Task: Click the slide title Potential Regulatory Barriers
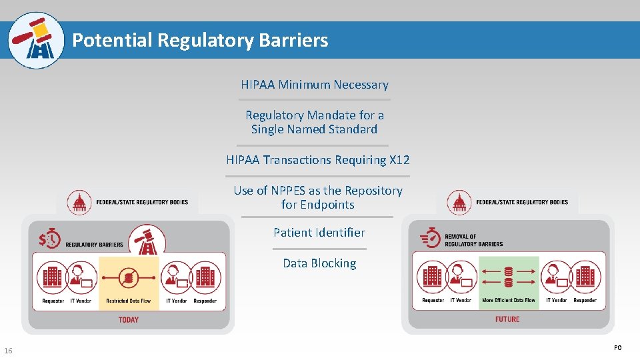click(x=200, y=41)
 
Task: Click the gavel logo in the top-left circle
click(x=37, y=41)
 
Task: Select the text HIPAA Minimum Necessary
click(x=314, y=85)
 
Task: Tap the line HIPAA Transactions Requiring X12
click(x=317, y=160)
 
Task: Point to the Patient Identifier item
click(x=319, y=233)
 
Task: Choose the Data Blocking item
click(x=319, y=263)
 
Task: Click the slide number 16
click(x=8, y=351)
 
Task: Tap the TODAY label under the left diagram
click(x=128, y=320)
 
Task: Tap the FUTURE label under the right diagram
click(x=507, y=319)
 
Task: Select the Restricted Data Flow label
click(x=128, y=301)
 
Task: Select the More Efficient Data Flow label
click(x=508, y=301)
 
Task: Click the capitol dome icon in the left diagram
click(x=81, y=201)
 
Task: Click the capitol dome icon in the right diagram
click(x=459, y=201)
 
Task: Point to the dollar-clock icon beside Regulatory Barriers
click(x=49, y=239)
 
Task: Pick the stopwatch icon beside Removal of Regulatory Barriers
click(x=431, y=238)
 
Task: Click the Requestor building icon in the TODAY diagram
click(x=53, y=278)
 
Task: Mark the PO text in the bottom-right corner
click(x=617, y=347)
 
